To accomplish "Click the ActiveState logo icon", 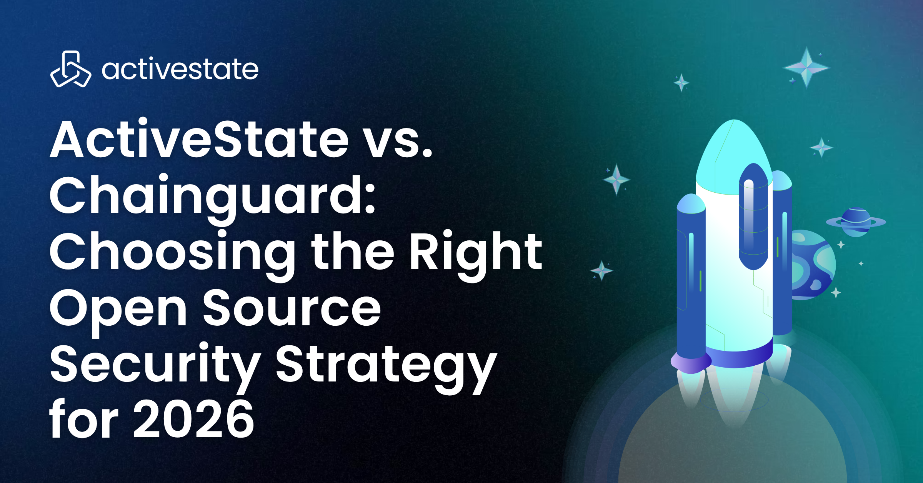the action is click(71, 69).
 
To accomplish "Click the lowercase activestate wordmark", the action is click(180, 69).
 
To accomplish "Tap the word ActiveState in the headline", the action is click(200, 139).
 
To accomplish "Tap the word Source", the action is click(292, 308).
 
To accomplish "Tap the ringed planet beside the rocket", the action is click(856, 222).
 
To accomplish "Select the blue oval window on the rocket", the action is click(753, 217).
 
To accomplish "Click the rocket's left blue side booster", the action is click(691, 277).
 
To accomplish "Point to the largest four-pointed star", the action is click(806, 68).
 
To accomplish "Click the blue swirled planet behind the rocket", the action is click(811, 265).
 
